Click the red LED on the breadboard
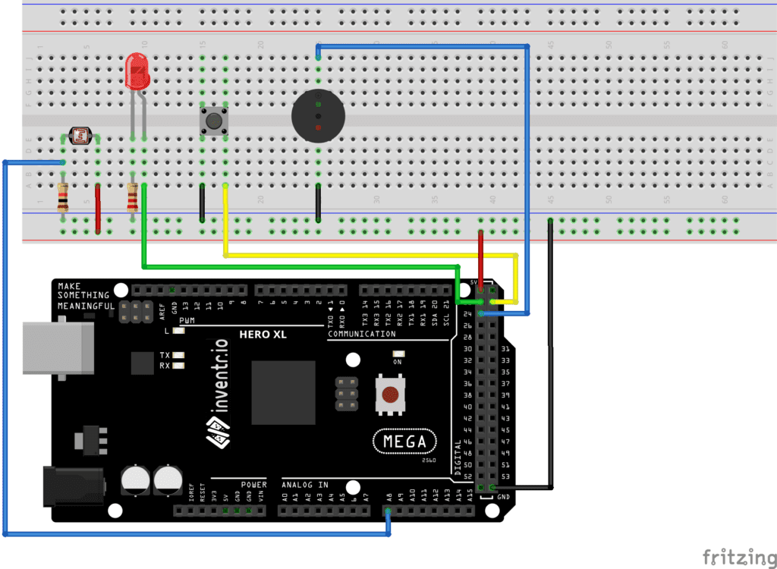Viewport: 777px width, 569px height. pos(137,72)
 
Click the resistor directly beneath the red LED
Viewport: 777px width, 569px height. pos(133,199)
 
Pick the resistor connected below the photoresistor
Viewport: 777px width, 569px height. pos(63,199)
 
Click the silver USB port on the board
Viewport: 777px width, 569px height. pos(57,348)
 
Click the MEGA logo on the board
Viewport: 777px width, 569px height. pos(405,442)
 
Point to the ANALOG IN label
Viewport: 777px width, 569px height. pos(304,485)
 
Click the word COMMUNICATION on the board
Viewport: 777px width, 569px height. pos(362,334)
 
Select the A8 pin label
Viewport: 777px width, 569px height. pos(389,498)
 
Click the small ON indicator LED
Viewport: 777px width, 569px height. pos(398,354)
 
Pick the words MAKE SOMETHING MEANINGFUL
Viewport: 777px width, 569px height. pos(83,296)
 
